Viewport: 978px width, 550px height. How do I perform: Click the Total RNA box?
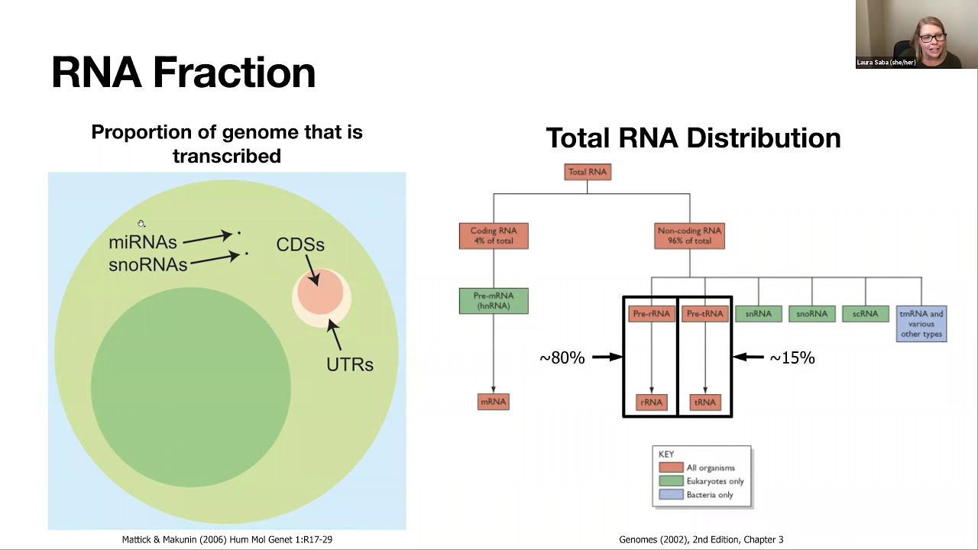click(x=588, y=172)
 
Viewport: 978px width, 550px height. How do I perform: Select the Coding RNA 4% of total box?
click(x=494, y=235)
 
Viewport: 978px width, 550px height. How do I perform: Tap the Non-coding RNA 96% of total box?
click(x=689, y=235)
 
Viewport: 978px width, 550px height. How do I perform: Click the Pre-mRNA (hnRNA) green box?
click(x=494, y=300)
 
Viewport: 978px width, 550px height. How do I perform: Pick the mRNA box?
click(x=493, y=402)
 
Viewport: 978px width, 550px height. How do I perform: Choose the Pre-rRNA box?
click(x=651, y=313)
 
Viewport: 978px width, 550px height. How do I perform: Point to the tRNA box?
click(x=704, y=402)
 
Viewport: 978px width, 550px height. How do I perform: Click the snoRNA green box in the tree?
click(x=811, y=313)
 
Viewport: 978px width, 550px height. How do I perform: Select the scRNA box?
click(x=865, y=313)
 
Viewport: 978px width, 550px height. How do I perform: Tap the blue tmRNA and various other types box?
click(x=921, y=324)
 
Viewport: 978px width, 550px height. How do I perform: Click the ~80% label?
click(x=562, y=358)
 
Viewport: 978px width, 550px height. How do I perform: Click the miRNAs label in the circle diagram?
click(x=143, y=242)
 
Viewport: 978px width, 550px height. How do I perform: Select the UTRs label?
click(x=350, y=364)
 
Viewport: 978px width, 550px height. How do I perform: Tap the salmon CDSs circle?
click(x=319, y=292)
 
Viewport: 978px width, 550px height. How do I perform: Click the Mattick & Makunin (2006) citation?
click(x=227, y=539)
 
